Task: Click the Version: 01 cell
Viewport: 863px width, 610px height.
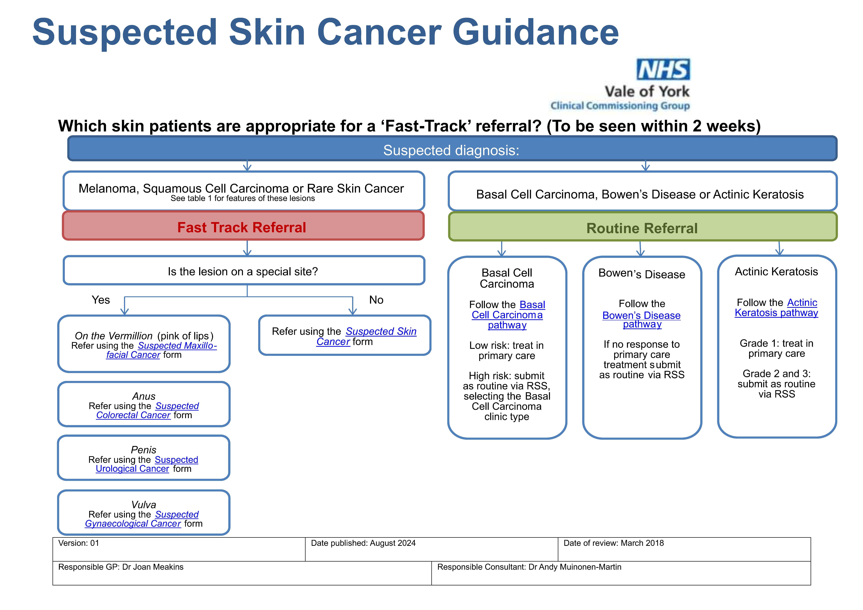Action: pos(79,543)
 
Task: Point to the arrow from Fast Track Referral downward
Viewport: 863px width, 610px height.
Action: pos(247,248)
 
